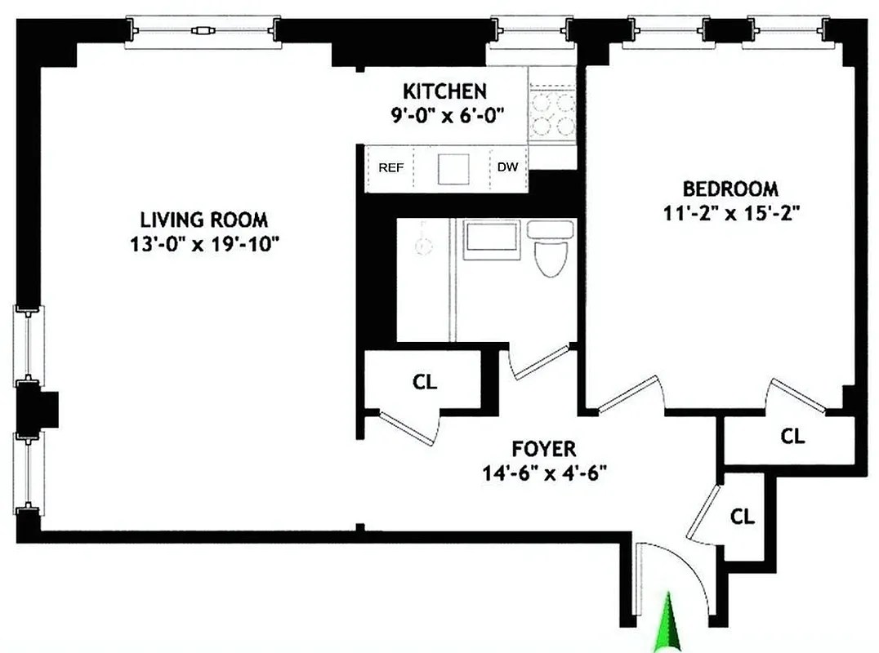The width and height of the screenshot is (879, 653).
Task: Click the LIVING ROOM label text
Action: pyautogui.click(x=203, y=220)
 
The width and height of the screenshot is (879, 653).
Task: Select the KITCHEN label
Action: pyautogui.click(x=445, y=91)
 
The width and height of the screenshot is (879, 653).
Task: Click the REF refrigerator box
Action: pyautogui.click(x=391, y=168)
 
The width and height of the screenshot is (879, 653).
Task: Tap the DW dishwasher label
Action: pyautogui.click(x=507, y=168)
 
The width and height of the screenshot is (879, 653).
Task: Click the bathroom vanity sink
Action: pyautogui.click(x=490, y=240)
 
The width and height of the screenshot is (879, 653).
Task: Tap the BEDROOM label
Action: pyautogui.click(x=730, y=189)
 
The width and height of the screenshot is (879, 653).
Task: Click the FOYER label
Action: pyautogui.click(x=544, y=448)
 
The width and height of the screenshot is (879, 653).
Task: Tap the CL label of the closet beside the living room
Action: pyautogui.click(x=425, y=381)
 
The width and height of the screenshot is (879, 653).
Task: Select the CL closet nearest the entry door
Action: pyautogui.click(x=742, y=516)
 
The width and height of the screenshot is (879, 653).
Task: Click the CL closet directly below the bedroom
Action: pyautogui.click(x=792, y=436)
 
